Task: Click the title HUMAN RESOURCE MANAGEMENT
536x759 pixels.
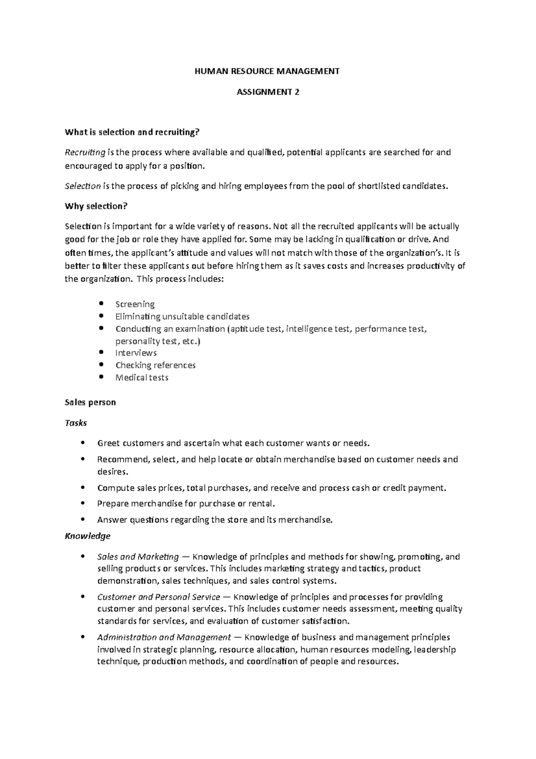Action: click(x=268, y=71)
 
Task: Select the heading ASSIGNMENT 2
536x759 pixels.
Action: click(x=268, y=92)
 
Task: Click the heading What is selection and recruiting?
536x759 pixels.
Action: click(x=132, y=132)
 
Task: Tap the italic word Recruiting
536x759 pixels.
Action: click(x=85, y=152)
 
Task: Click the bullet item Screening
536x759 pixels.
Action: click(x=135, y=304)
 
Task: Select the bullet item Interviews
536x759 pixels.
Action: click(x=136, y=353)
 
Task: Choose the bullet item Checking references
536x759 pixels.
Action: click(x=155, y=365)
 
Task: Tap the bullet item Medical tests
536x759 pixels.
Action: click(x=142, y=378)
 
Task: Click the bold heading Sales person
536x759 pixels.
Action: click(x=90, y=402)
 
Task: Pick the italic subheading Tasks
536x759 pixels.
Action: click(x=75, y=423)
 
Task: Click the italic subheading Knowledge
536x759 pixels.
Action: click(x=88, y=536)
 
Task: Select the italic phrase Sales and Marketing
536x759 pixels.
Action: click(x=138, y=557)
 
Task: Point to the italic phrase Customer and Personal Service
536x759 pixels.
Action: click(x=159, y=597)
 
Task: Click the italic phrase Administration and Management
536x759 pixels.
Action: click(x=164, y=637)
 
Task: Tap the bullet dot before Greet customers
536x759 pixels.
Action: click(x=83, y=443)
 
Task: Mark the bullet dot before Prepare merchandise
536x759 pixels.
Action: click(x=83, y=503)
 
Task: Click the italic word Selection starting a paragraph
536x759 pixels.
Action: click(x=83, y=186)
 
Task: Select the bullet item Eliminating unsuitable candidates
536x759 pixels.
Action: click(x=182, y=316)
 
